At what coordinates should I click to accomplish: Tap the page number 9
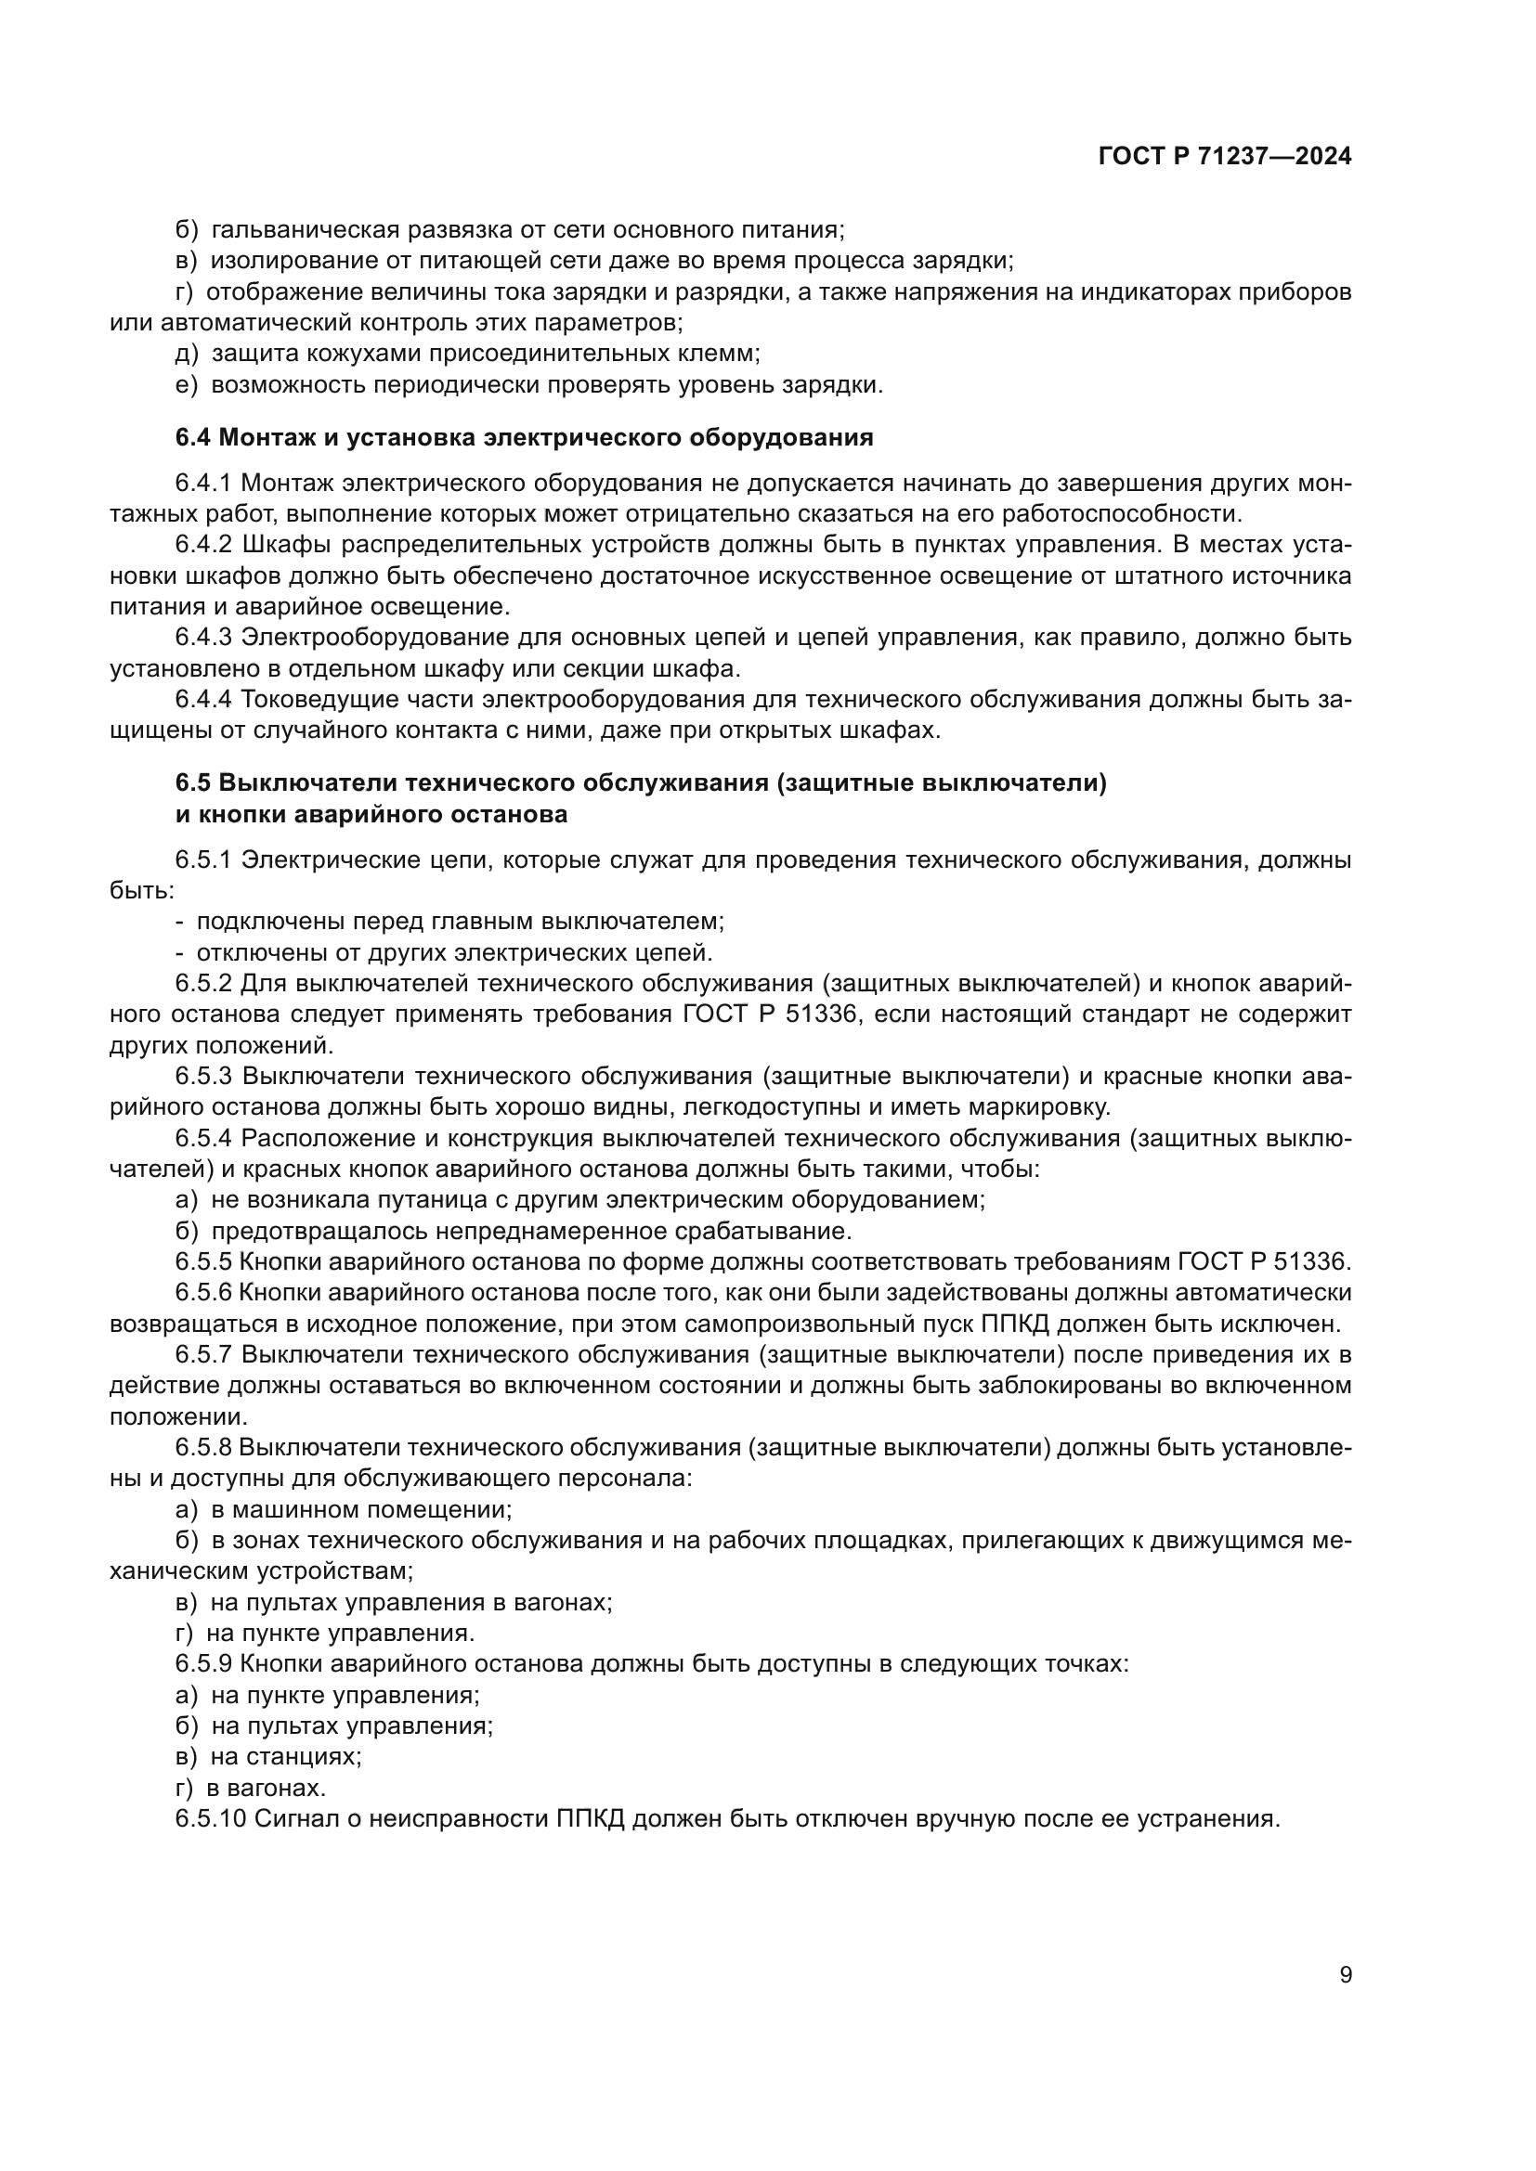pos(1345,1974)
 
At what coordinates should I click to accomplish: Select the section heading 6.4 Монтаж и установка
pos(524,438)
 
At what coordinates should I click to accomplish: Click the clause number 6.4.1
pos(203,484)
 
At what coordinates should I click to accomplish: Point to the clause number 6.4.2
pos(203,545)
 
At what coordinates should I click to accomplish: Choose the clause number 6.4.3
pos(203,638)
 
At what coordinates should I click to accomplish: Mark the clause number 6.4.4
pos(203,699)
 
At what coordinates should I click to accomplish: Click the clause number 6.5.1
pos(203,859)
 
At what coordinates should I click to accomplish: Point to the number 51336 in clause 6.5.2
pos(822,1014)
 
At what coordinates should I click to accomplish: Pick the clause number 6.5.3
pos(203,1076)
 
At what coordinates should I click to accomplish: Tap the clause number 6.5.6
pos(203,1293)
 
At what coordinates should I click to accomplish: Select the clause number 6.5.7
pos(203,1354)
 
